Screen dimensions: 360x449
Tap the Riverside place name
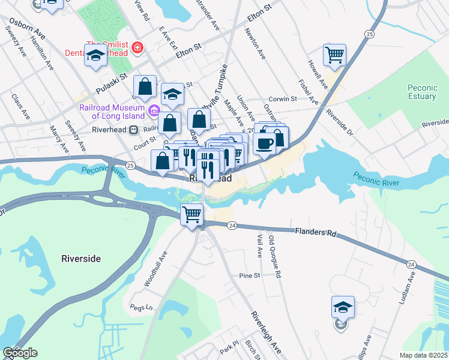(x=81, y=259)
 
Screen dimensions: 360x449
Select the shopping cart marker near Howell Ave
(x=335, y=55)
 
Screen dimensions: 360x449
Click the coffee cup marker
(x=265, y=143)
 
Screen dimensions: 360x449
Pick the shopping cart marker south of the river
(x=191, y=214)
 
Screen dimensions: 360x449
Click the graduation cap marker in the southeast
(x=343, y=307)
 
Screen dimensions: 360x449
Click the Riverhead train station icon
(x=134, y=130)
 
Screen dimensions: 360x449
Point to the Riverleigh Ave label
(x=266, y=332)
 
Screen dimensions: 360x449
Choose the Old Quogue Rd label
(x=276, y=256)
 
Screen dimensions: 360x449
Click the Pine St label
(x=249, y=275)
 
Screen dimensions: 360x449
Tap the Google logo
(x=20, y=353)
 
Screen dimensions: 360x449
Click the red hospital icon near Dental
(x=138, y=46)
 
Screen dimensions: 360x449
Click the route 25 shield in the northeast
(x=369, y=35)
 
